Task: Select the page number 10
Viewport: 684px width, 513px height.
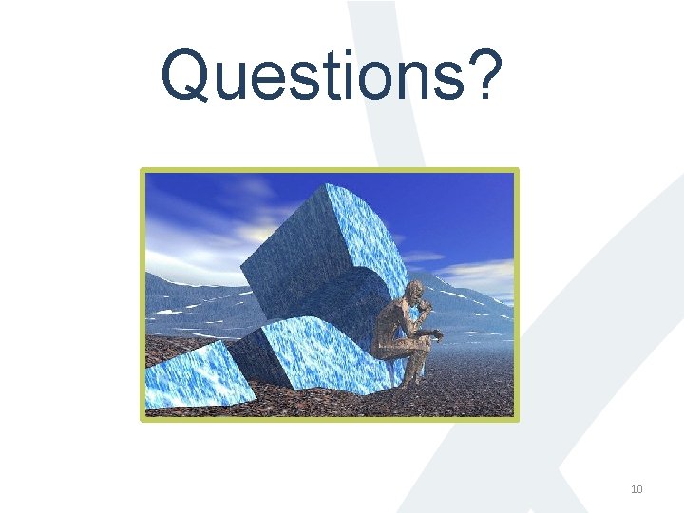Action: [636, 489]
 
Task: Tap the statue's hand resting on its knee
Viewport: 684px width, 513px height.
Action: [434, 333]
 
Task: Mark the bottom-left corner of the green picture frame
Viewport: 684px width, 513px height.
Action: [143, 419]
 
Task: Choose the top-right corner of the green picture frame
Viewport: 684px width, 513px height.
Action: [517, 171]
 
